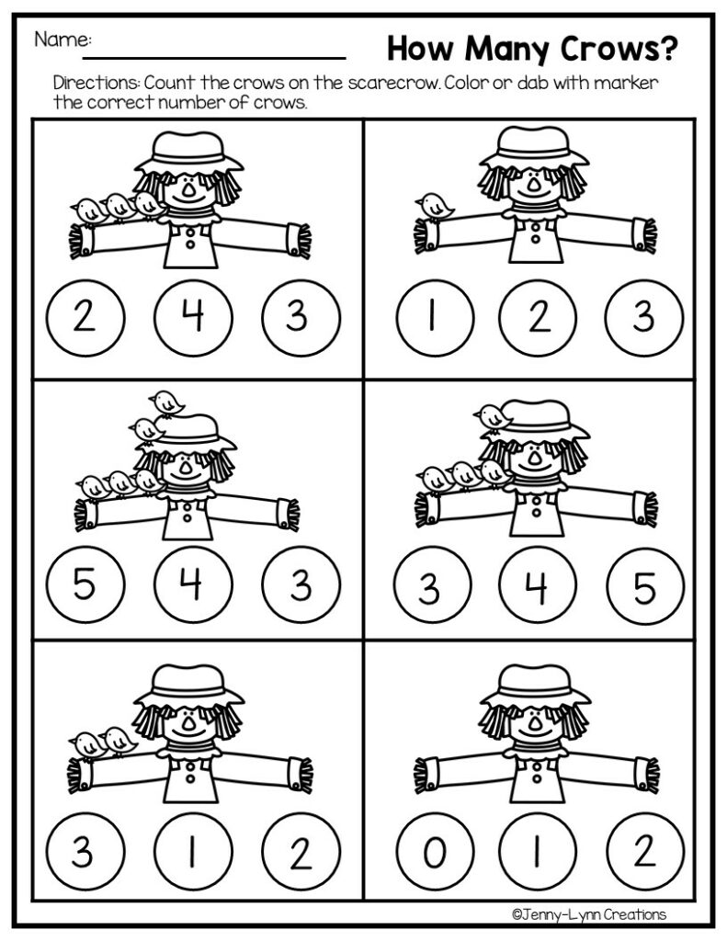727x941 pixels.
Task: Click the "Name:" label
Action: click(x=63, y=40)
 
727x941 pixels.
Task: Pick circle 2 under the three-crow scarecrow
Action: click(x=83, y=317)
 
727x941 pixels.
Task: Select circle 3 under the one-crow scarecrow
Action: click(x=643, y=317)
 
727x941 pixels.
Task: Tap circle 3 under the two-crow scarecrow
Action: click(x=83, y=853)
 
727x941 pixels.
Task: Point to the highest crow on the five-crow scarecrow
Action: click(x=166, y=402)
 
